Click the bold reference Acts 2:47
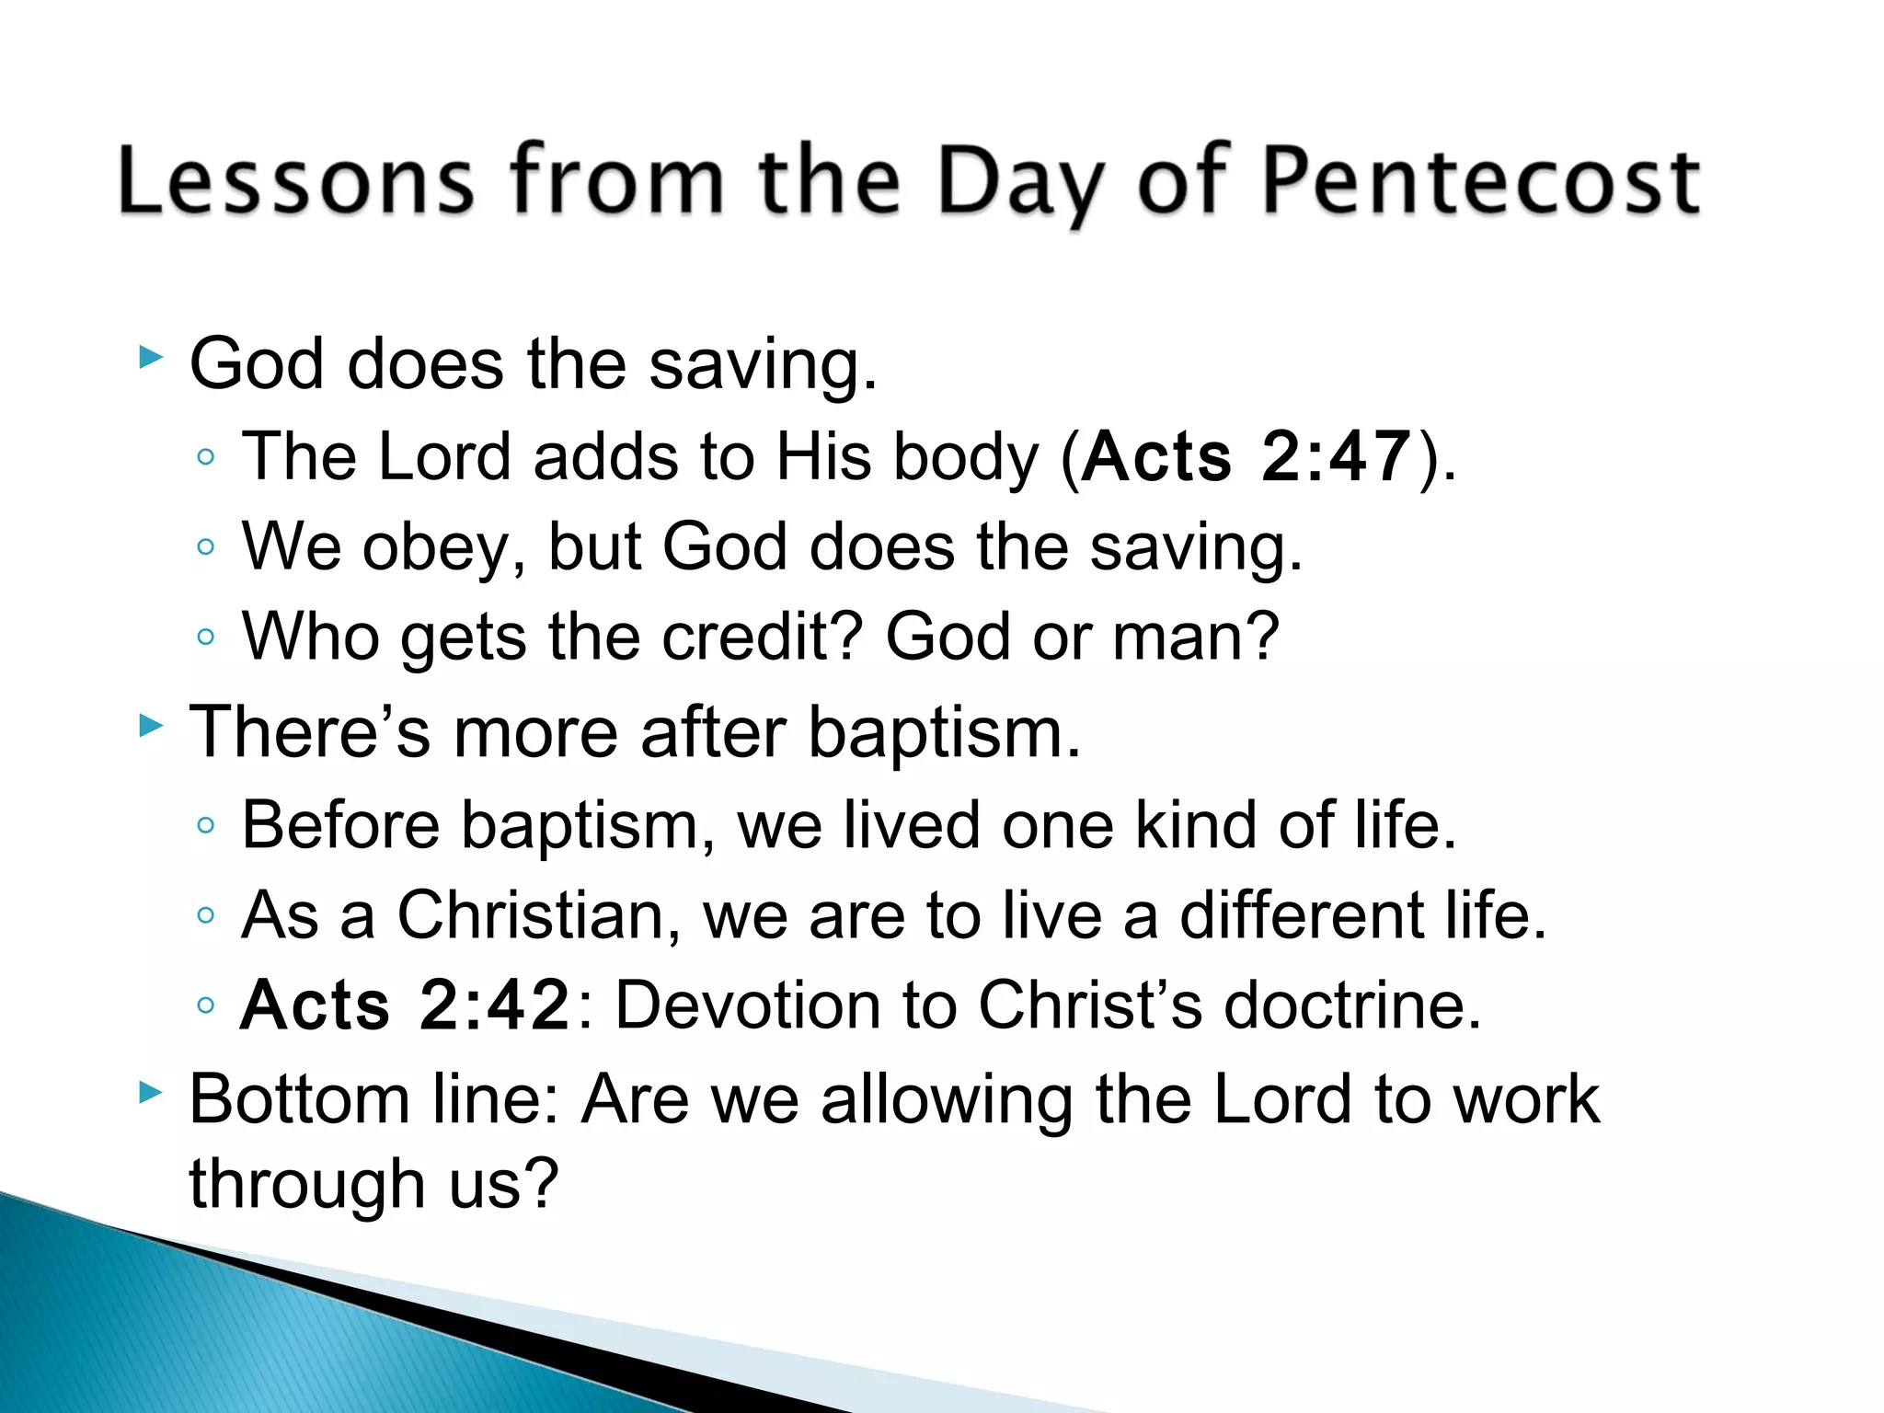click(x=1246, y=456)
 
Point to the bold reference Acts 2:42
click(x=405, y=1005)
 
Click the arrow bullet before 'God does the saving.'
click(x=150, y=357)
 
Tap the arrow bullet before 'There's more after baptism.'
click(x=150, y=726)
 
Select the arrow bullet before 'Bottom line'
click(x=150, y=1093)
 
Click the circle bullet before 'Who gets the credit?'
click(x=206, y=637)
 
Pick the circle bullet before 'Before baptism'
click(x=206, y=825)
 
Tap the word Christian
click(x=530, y=915)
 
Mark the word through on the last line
click(x=306, y=1185)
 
